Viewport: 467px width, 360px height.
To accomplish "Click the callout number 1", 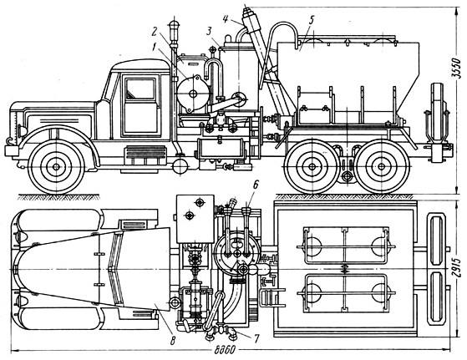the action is tap(154, 47).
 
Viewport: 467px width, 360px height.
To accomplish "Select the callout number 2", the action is tap(154, 31).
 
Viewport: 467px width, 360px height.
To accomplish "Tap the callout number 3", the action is tap(210, 31).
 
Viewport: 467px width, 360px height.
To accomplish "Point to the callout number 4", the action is tap(226, 19).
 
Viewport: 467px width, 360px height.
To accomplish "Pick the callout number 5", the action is tap(311, 20).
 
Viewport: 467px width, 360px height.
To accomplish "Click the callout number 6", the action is tap(255, 185).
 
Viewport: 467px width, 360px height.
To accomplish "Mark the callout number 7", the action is tap(256, 337).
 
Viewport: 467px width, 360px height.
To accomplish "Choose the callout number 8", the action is tap(172, 340).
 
